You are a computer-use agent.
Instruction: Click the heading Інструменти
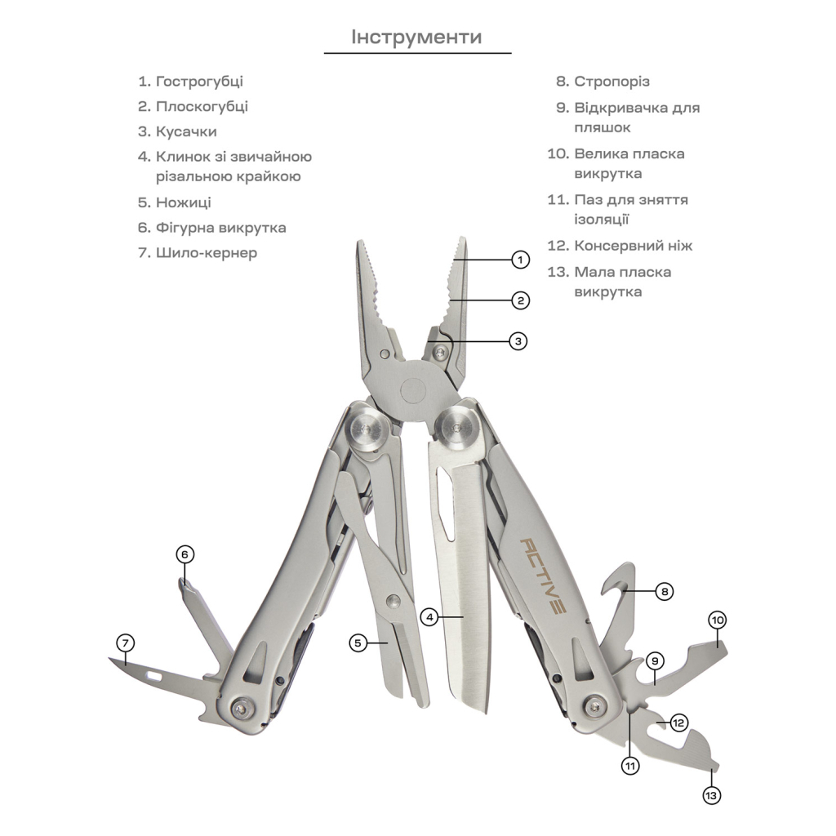point(416,38)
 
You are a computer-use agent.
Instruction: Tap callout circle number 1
point(520,260)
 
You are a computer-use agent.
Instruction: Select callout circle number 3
point(518,340)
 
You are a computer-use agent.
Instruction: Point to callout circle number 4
point(429,616)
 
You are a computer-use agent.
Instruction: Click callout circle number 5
point(358,643)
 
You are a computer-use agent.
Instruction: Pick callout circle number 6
point(185,554)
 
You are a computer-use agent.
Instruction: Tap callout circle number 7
point(125,643)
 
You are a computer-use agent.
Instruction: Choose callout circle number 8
point(665,591)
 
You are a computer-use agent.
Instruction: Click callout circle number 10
point(717,620)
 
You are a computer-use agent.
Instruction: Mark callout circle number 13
point(712,795)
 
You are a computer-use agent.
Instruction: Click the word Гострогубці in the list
point(199,82)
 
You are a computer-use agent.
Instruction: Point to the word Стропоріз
point(612,82)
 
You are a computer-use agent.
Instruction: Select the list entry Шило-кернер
point(207,253)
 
